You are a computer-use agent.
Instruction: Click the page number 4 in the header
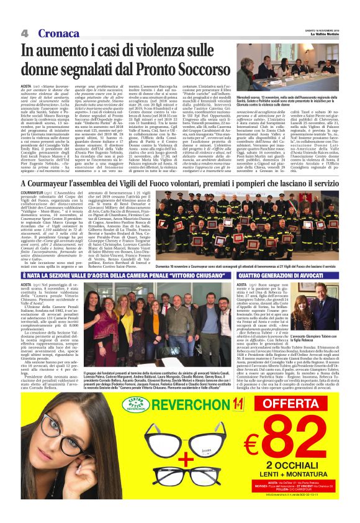[25, 32]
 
